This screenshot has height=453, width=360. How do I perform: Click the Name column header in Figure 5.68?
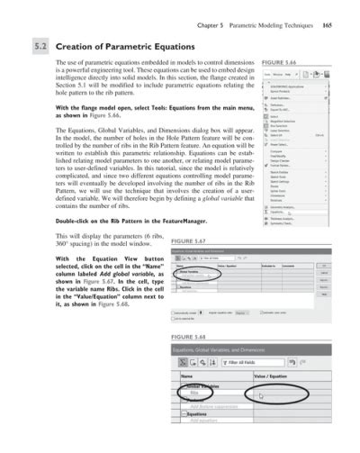click(187, 375)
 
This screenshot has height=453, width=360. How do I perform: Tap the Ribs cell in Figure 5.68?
click(193, 394)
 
